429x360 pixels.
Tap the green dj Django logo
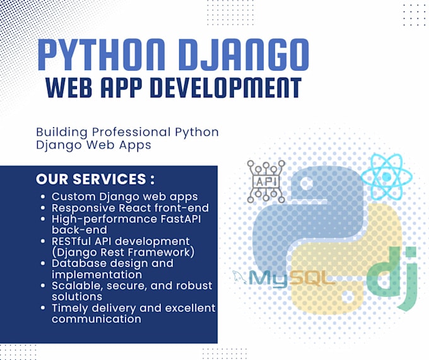click(392, 277)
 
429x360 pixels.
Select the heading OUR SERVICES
click(95, 179)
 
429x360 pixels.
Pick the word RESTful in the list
click(74, 241)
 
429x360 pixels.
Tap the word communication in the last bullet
click(97, 318)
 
